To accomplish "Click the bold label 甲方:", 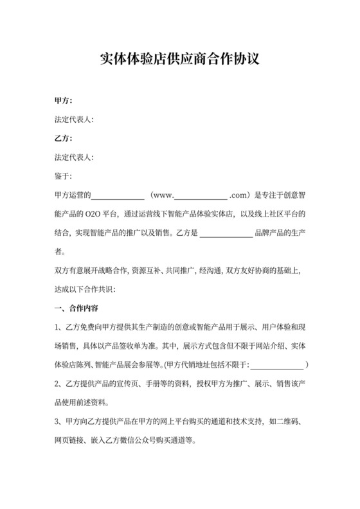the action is tap(64, 102).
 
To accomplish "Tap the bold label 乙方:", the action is tap(64, 138).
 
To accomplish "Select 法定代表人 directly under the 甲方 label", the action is tap(74, 120).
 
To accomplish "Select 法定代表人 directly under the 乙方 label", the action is tap(74, 157).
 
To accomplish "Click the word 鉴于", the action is tap(62, 175).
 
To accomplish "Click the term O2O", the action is tap(103, 213).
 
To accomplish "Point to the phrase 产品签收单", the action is tap(129, 345).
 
